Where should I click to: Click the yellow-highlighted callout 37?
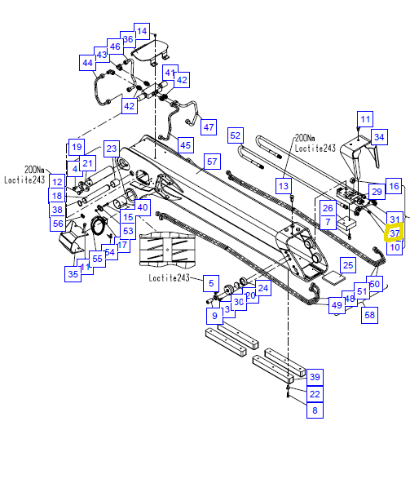pyautogui.click(x=394, y=233)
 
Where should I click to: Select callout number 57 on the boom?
pyautogui.click(x=212, y=162)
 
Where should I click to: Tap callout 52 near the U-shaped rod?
pyautogui.click(x=236, y=135)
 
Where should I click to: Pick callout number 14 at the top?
pyautogui.click(x=142, y=32)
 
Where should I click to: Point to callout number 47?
pyautogui.click(x=209, y=127)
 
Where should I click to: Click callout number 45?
pyautogui.click(x=185, y=145)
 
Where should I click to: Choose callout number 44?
pyautogui.click(x=87, y=63)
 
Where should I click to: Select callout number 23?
pyautogui.click(x=112, y=149)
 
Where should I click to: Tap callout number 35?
pyautogui.click(x=73, y=274)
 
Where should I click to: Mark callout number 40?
pyautogui.click(x=143, y=207)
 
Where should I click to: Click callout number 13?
pyautogui.click(x=284, y=186)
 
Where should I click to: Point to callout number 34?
pyautogui.click(x=379, y=136)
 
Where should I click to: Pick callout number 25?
pyautogui.click(x=347, y=266)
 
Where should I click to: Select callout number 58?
pyautogui.click(x=369, y=315)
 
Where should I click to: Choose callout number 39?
pyautogui.click(x=315, y=376)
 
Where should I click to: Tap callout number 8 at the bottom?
pyautogui.click(x=315, y=411)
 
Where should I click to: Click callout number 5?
pyautogui.click(x=210, y=284)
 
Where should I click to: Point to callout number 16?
pyautogui.click(x=394, y=187)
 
